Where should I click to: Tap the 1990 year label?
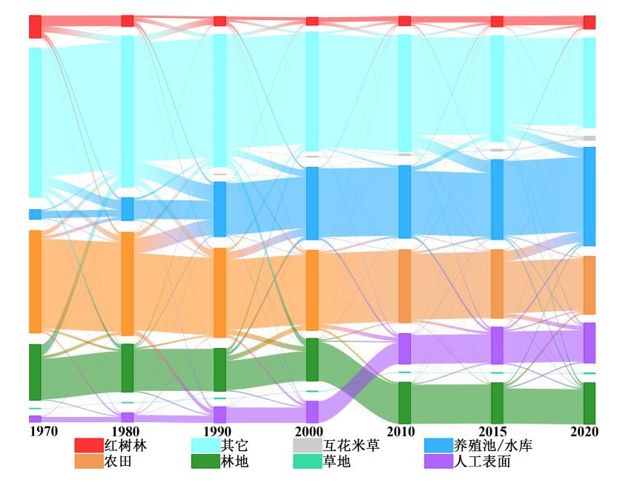(217, 431)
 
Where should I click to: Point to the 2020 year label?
(585, 431)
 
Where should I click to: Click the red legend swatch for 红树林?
(87, 445)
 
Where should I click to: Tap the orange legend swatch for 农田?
(87, 461)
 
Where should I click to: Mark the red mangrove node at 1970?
(35, 26)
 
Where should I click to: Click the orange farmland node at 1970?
(35, 282)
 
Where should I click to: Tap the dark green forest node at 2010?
(404, 402)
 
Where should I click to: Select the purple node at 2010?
(404, 348)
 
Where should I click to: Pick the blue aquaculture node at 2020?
(589, 196)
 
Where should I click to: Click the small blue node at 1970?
(35, 214)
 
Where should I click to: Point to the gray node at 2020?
(589, 138)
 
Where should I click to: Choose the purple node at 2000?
(312, 412)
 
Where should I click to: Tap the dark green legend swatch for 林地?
(205, 461)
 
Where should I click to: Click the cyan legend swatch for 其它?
(205, 445)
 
